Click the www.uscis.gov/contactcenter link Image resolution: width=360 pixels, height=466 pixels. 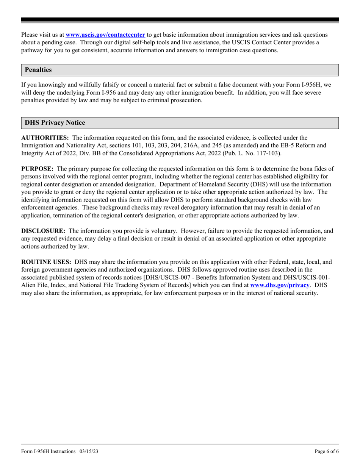pyautogui.click(x=105, y=35)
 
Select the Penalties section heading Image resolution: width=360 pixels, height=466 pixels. pyautogui.click(x=38, y=70)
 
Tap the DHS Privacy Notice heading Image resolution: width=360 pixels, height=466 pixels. pyautogui.click(x=55, y=123)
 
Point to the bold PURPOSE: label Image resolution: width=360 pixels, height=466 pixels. pyautogui.click(x=37, y=169)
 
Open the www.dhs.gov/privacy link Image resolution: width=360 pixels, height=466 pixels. pyautogui.click(x=280, y=285)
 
